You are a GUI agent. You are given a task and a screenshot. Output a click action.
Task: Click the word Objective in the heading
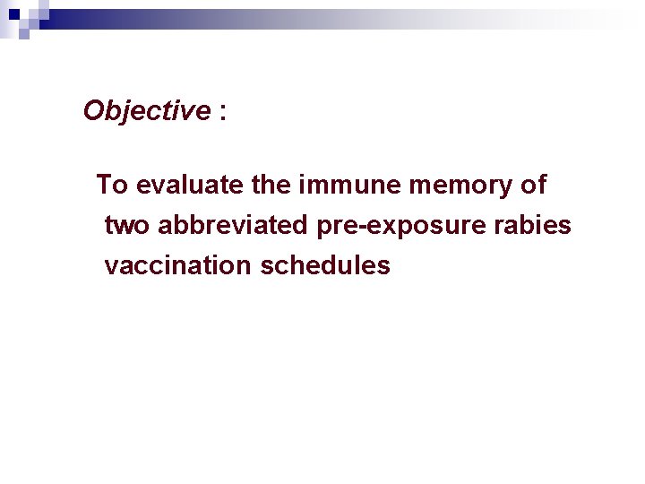[146, 111]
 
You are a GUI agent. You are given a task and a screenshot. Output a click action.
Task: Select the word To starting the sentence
[113, 185]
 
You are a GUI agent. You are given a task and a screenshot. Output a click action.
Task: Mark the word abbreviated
[234, 225]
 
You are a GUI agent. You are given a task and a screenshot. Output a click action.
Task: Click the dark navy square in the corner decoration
[13, 14]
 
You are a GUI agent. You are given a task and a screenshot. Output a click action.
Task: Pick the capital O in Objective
[94, 111]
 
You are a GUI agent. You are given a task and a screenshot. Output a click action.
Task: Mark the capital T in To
[104, 185]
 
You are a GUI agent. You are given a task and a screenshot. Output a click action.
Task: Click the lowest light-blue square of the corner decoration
[24, 35]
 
